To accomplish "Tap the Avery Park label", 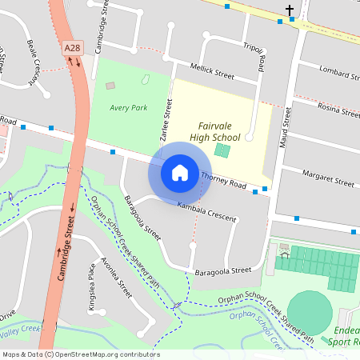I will pos(129,107).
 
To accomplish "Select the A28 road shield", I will pos(73,48).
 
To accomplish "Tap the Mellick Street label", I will pos(212,70).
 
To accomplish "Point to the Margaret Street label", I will pos(328,178).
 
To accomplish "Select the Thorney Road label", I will pos(223,180).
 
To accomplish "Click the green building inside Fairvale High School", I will pos(222,150).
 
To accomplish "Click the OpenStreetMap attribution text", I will pos(80,354).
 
